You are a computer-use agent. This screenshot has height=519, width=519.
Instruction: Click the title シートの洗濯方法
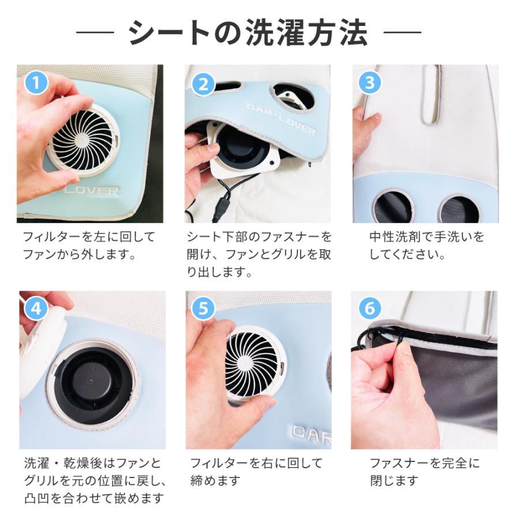coord(248,33)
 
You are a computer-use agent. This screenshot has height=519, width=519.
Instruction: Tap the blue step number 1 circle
coord(36,84)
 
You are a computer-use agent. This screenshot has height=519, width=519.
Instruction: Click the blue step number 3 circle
coord(370,84)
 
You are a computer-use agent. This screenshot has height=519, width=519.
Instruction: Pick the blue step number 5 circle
coord(202,308)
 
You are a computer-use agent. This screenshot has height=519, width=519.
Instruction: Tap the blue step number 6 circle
coord(369,308)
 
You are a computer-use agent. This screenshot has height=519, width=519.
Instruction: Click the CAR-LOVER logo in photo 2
coord(281,118)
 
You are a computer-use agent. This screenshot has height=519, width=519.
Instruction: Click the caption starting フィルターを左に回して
coord(89,245)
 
